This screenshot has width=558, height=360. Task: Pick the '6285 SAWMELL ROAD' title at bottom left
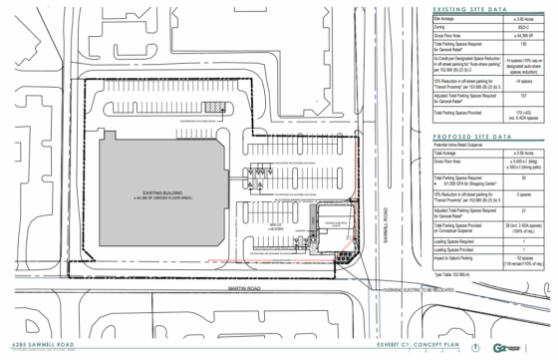click(31, 342)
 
